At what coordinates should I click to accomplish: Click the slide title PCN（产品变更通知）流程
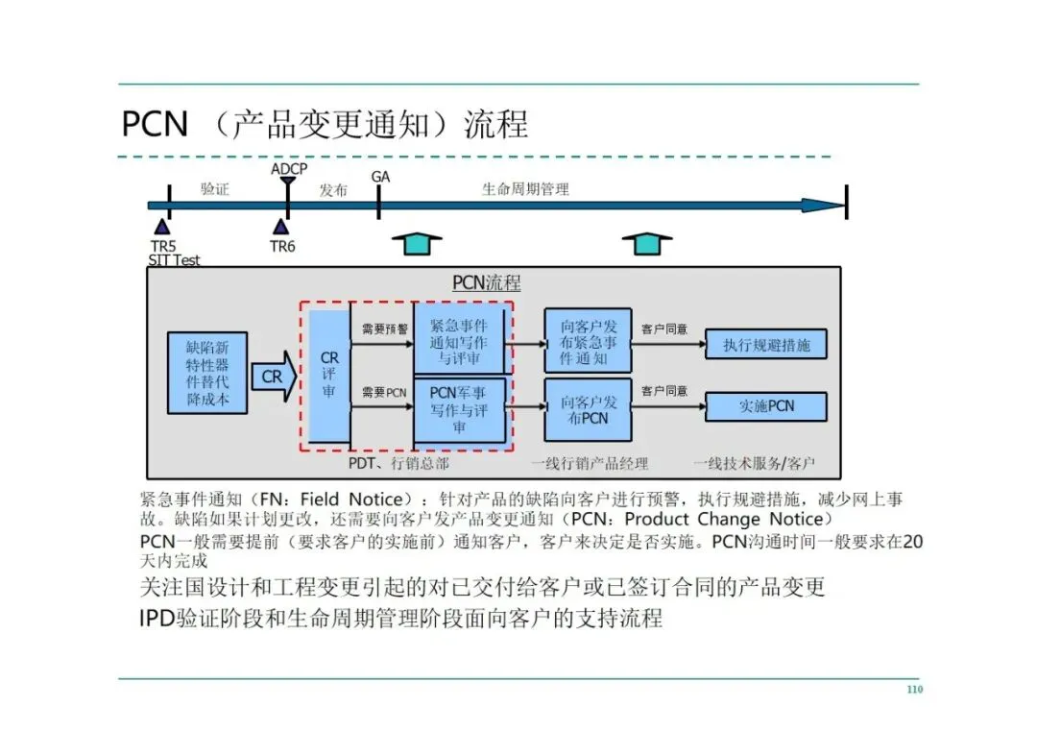(x=325, y=125)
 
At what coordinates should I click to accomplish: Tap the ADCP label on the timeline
(x=289, y=169)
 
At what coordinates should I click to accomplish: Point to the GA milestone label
(x=380, y=177)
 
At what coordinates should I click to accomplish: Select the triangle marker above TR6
(x=280, y=226)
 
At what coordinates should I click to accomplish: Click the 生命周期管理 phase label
(x=525, y=189)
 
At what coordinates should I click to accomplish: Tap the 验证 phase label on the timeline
(x=215, y=189)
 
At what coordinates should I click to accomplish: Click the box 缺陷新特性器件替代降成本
(x=207, y=372)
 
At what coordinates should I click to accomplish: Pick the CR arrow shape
(x=275, y=377)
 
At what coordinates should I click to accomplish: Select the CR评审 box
(x=329, y=376)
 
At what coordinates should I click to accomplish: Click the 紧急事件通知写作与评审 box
(x=459, y=340)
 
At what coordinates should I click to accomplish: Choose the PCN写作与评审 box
(x=459, y=409)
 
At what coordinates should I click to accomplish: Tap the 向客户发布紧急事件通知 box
(x=588, y=340)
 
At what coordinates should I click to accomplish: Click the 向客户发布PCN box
(x=588, y=409)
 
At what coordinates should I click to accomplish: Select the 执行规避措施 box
(x=765, y=345)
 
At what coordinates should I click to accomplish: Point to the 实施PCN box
(x=765, y=406)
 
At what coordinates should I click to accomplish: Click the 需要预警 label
(x=384, y=329)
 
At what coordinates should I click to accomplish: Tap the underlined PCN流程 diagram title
(x=487, y=283)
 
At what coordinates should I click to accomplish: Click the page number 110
(x=914, y=690)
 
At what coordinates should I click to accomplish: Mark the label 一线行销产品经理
(x=590, y=464)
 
